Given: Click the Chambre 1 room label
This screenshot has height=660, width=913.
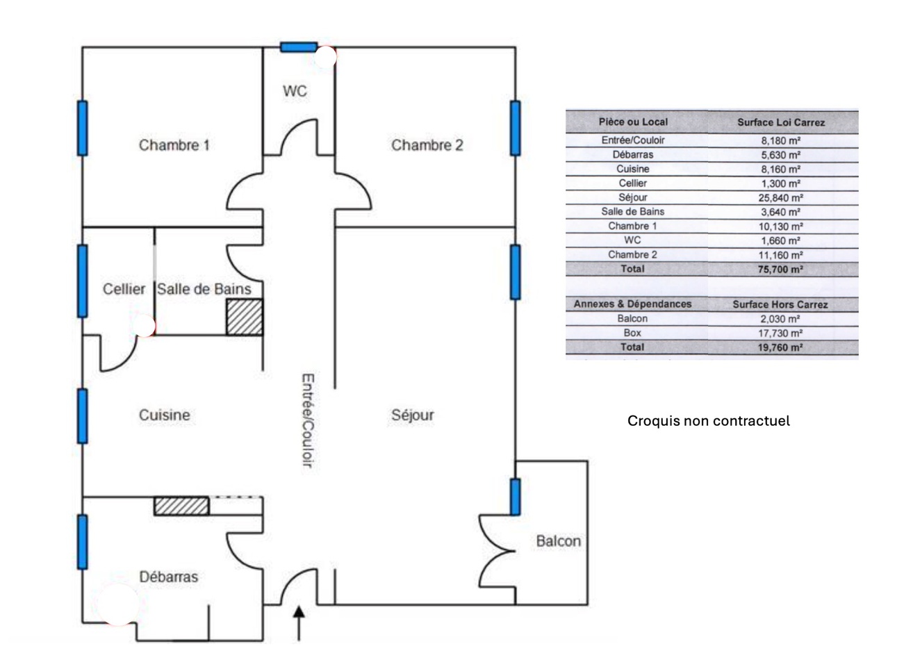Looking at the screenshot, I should [x=174, y=145].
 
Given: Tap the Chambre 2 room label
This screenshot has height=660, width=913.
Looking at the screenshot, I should [x=427, y=145].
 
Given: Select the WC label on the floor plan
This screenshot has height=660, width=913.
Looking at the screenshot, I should [x=295, y=91].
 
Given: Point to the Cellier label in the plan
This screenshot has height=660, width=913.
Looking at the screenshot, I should [x=124, y=289].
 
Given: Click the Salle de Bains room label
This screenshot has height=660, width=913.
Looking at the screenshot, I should [x=204, y=289].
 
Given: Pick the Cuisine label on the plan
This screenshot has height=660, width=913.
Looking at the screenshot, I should [x=164, y=415].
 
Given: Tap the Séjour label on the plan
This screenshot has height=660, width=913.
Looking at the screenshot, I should [x=413, y=415].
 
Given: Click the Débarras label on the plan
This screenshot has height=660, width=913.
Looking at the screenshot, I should [x=168, y=577].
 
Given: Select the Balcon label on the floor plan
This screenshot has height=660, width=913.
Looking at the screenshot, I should [x=558, y=541].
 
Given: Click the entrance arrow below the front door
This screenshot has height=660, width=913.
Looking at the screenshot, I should [x=299, y=622].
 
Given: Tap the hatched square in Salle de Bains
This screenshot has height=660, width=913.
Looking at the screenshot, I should [x=245, y=317].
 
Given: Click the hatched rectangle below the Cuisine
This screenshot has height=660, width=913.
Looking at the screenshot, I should [x=181, y=506].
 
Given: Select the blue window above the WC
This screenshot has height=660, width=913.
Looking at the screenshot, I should [x=299, y=47].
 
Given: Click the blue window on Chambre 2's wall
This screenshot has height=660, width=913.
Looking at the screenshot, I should [x=515, y=128].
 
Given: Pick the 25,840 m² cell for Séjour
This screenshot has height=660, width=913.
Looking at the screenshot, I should [x=780, y=197].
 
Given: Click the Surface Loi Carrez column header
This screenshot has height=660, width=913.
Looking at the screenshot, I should [x=781, y=122].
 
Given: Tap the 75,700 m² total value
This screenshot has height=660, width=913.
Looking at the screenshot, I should [x=780, y=269].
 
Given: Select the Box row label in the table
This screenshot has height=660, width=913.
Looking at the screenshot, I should [x=632, y=333].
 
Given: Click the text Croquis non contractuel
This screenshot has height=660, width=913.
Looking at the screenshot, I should [x=709, y=421].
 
